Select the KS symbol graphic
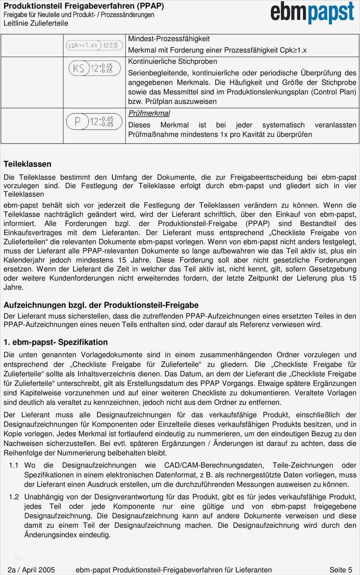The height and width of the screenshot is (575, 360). (94, 68)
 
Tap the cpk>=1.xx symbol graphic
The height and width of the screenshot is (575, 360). (93, 45)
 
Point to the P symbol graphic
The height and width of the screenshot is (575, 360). (94, 121)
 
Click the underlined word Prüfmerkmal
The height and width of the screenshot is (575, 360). (149, 113)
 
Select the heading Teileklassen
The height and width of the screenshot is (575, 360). (27, 164)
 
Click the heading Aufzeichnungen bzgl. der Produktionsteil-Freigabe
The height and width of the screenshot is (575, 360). (101, 305)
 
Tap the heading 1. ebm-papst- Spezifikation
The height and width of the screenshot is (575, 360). (55, 342)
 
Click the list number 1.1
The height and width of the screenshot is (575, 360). (14, 465)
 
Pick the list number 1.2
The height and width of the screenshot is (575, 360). (14, 497)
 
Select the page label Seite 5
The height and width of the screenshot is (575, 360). (340, 570)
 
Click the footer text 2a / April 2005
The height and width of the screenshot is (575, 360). (31, 570)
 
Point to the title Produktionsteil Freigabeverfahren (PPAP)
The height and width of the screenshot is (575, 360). (84, 6)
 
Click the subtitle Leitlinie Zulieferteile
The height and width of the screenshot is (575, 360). (36, 23)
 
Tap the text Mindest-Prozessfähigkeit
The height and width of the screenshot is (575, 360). (169, 39)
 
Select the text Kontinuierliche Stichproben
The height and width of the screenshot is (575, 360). (172, 61)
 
